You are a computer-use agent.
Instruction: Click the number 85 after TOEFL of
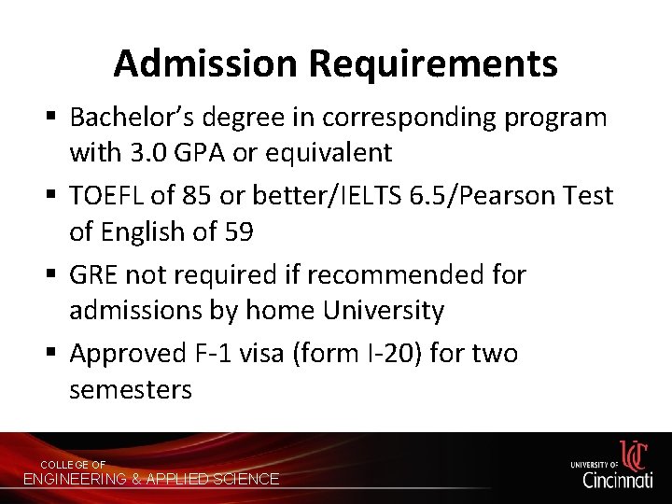pos(203,196)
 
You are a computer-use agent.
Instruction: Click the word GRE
pos(94,274)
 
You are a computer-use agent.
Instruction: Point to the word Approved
pos(129,354)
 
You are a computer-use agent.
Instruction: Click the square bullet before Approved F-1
pos(53,354)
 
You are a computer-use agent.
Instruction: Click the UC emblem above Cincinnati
pos(634,455)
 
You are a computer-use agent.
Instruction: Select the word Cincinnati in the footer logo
pos(617,480)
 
